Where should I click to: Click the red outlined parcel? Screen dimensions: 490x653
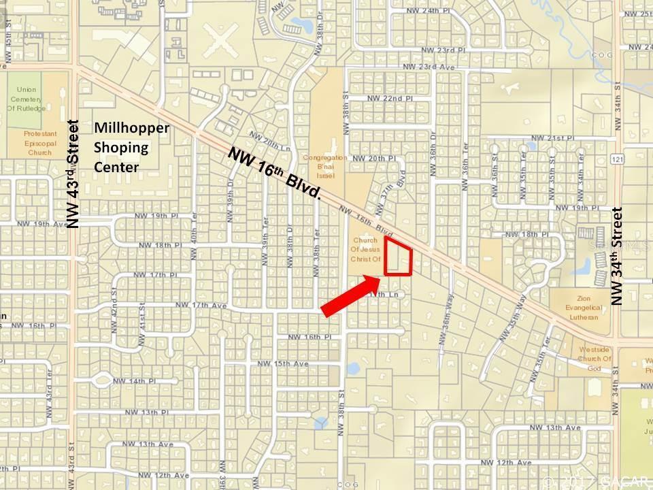point(399,259)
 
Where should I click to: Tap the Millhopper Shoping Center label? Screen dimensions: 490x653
point(131,147)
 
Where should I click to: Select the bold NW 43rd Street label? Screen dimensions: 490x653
point(73,174)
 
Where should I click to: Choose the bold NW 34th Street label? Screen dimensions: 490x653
point(618,257)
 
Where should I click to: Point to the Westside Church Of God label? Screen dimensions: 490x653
point(594,359)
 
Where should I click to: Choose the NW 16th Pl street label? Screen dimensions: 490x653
point(303,337)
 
